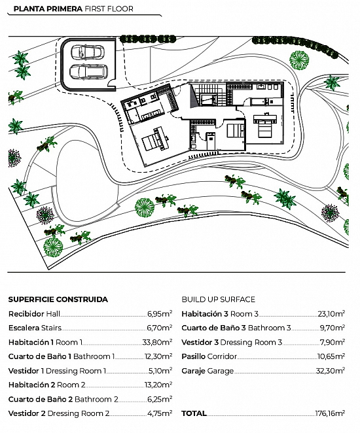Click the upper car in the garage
(88, 52)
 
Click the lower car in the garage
(88, 72)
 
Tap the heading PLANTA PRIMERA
(48, 9)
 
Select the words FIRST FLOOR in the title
(109, 9)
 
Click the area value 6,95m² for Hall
(160, 313)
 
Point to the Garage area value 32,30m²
(330, 371)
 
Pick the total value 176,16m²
(330, 413)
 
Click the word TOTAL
(194, 413)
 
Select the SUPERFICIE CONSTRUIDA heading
(58, 300)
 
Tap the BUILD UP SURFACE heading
(218, 300)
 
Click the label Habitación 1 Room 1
(45, 342)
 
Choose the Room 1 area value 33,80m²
(157, 342)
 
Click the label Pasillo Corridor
(209, 356)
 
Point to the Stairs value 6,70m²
(160, 328)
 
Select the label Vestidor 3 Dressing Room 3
(232, 342)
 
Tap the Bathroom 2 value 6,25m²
(160, 399)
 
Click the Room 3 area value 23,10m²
(331, 313)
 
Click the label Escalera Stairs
(35, 328)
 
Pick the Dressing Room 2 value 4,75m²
(160, 413)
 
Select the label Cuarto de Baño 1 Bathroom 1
(62, 356)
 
